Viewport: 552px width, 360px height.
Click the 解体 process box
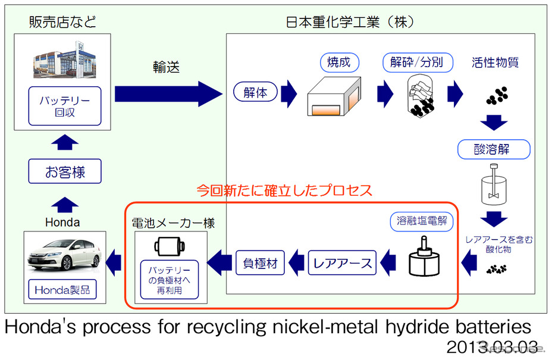pos(256,93)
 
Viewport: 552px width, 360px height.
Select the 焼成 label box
pos(338,62)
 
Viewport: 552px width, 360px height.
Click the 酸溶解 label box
pos(493,149)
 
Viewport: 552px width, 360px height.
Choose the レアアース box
pos(342,262)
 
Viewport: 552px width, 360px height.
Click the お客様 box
pos(65,173)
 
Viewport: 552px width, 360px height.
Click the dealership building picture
pos(65,62)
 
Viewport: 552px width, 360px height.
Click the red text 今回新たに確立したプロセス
pos(284,190)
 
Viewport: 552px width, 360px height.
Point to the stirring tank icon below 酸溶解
pos(493,184)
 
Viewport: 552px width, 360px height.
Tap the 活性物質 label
pos(495,62)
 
